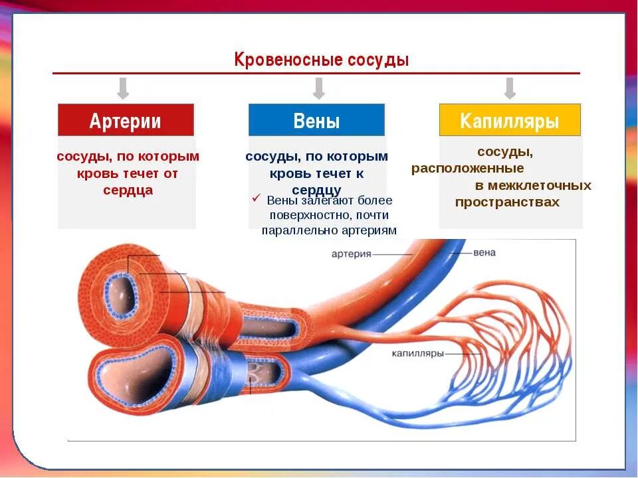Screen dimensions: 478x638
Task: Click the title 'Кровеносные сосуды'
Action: pos(321,60)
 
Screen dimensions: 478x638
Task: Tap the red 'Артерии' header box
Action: pos(126,120)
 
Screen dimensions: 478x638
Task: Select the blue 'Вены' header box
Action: pos(316,120)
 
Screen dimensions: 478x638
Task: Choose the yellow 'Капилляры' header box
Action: pos(510,120)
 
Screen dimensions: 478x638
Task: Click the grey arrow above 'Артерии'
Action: pos(122,88)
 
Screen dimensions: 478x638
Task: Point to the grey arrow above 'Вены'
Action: pos(318,88)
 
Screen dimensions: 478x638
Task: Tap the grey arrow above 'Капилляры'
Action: pos(510,88)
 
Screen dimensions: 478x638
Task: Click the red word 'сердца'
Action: pos(128,190)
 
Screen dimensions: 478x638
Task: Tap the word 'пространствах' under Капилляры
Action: pos(507,202)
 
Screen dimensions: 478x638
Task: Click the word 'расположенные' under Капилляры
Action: pos(467,169)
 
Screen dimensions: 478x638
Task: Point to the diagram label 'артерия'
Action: pos(352,254)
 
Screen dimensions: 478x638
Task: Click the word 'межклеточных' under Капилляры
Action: pos(533,185)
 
